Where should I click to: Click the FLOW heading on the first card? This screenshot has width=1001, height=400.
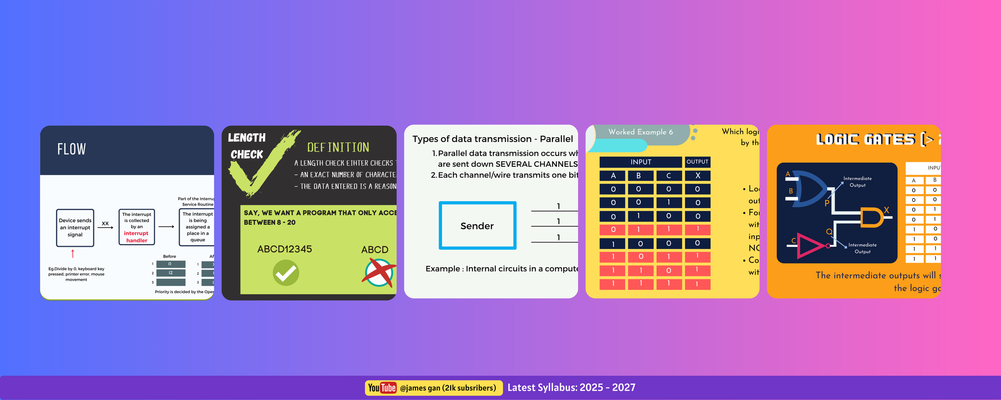tap(71, 149)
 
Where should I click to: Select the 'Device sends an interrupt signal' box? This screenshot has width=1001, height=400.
tap(75, 228)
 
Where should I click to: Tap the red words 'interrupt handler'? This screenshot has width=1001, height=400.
tap(136, 237)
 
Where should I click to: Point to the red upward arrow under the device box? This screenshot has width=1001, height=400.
tap(72, 254)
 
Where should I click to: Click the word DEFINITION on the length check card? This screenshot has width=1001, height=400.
tap(338, 148)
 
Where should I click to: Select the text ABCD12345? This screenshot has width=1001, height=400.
tap(284, 249)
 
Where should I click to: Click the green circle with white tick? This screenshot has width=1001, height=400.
tap(286, 273)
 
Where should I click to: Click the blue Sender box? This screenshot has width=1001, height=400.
tap(477, 226)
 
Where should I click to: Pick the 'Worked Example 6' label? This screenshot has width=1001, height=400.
tap(640, 132)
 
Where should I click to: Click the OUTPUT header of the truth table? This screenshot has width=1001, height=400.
tap(697, 162)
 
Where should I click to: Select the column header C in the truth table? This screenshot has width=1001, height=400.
tap(668, 176)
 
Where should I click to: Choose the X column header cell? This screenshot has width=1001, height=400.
tap(697, 176)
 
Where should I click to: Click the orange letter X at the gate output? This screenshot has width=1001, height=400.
tap(886, 210)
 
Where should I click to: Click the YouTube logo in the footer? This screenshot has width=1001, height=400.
tap(382, 388)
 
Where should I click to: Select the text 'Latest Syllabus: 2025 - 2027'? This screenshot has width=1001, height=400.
tap(571, 388)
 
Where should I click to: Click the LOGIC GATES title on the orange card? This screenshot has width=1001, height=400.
tap(866, 139)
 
